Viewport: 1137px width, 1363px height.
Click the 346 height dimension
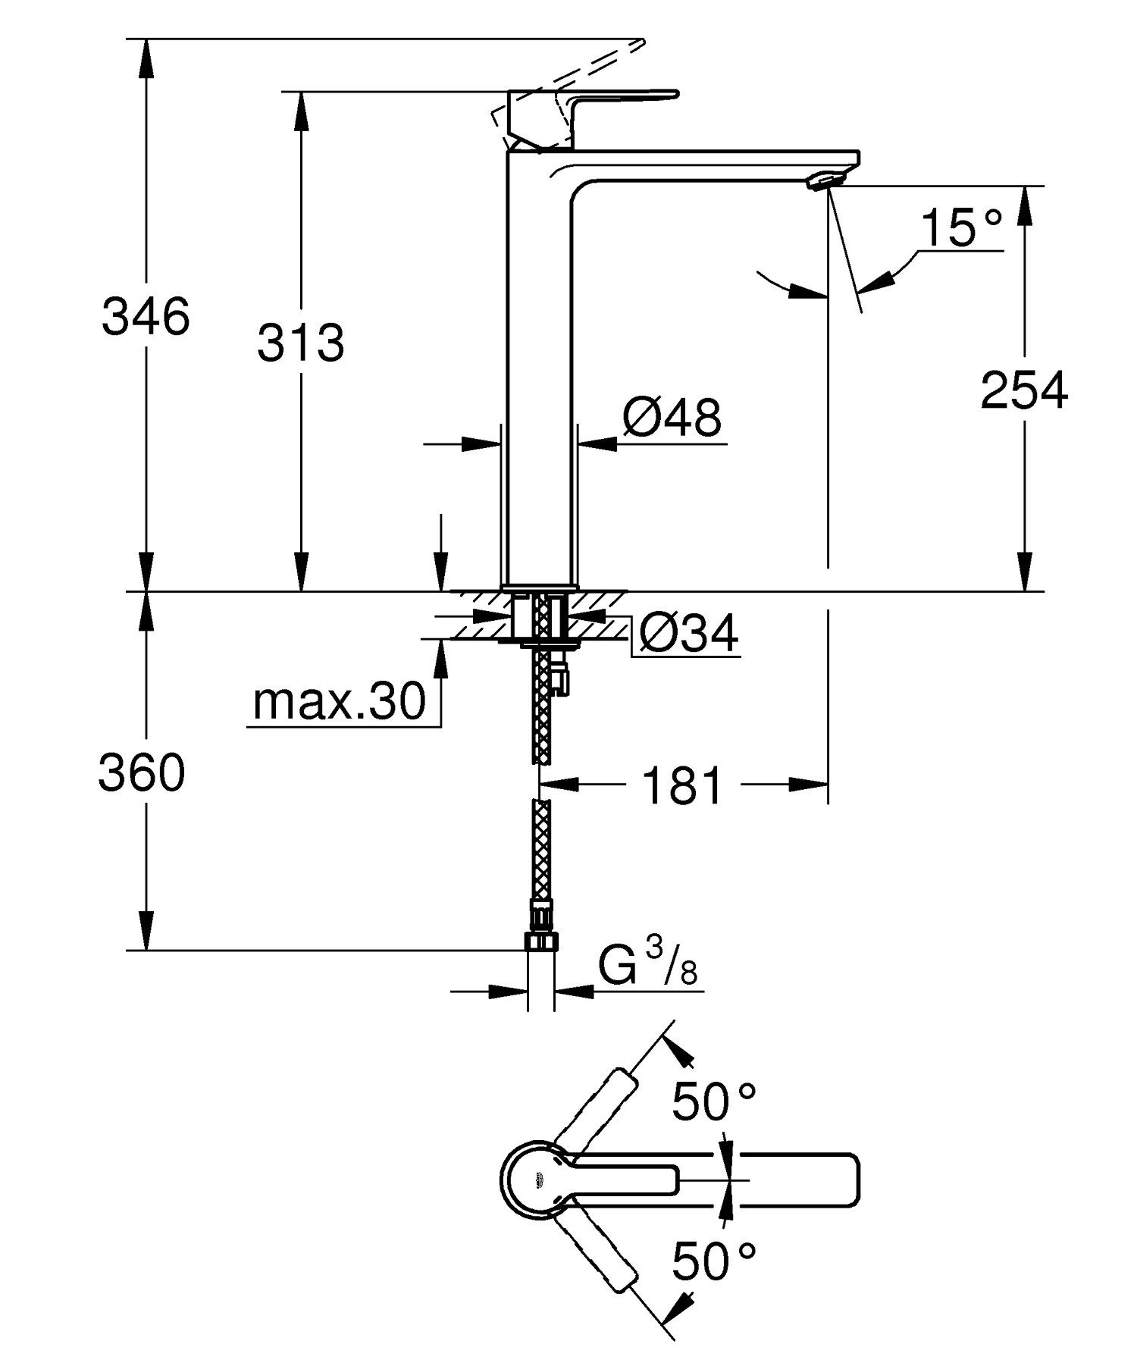[146, 316]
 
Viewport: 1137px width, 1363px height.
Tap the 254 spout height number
[1023, 391]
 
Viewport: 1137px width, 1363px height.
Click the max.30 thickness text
[340, 702]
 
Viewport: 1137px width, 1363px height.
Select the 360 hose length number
[142, 773]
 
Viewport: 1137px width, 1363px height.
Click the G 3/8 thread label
[647, 967]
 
